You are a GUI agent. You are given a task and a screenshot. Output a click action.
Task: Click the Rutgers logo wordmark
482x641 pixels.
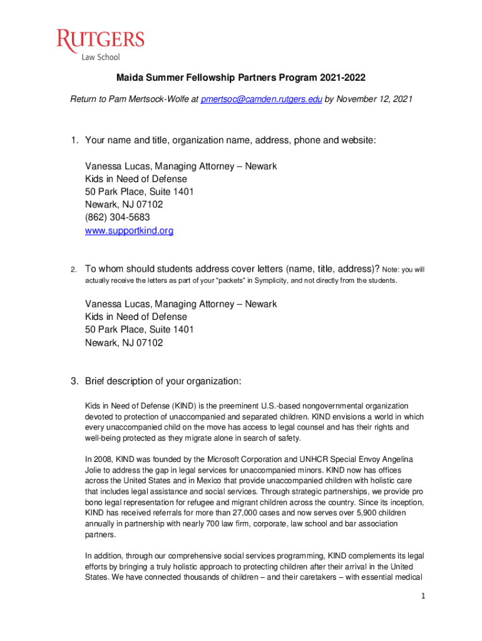tap(101, 41)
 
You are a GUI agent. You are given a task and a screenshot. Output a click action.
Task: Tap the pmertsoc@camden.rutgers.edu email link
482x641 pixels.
tap(261, 99)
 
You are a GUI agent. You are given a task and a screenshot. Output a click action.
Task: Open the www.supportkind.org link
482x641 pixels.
tap(129, 231)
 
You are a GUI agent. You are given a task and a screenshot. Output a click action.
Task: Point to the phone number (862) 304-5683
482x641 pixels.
tap(118, 218)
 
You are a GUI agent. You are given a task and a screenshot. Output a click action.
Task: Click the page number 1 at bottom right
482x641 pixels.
tap(423, 597)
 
